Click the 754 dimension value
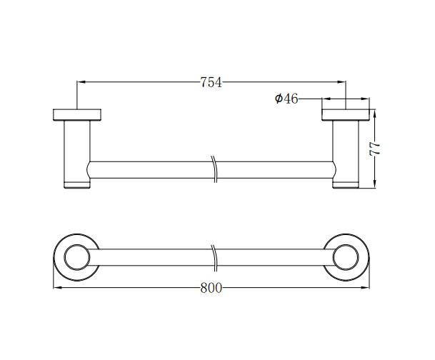pos(211,82)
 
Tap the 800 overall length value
pos(211,288)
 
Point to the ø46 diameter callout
pos(286,99)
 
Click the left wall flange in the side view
pos(78,114)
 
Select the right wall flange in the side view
pos(346,114)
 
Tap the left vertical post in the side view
pos(77,150)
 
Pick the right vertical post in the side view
pos(346,150)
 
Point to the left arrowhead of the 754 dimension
pos(81,82)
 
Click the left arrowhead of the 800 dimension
pos(58,288)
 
